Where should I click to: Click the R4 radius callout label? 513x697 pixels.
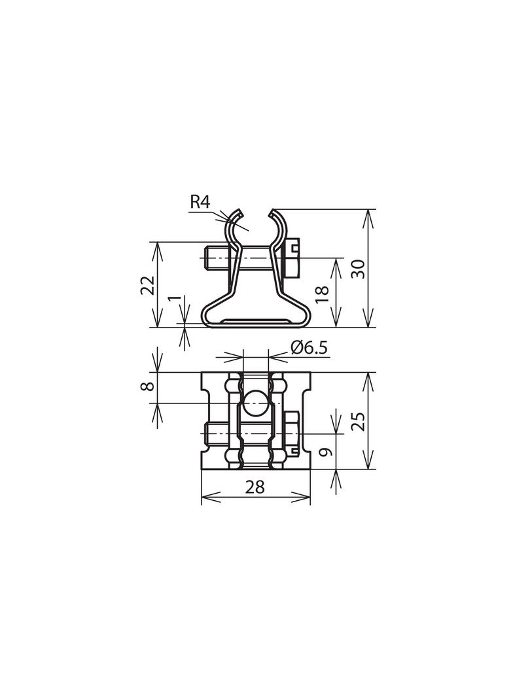coord(200,202)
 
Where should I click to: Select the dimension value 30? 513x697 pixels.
coord(358,268)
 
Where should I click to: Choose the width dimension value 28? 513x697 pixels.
coord(255,487)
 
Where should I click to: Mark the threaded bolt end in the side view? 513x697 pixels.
coord(213,258)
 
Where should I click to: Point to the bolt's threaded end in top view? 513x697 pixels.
coord(213,433)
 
